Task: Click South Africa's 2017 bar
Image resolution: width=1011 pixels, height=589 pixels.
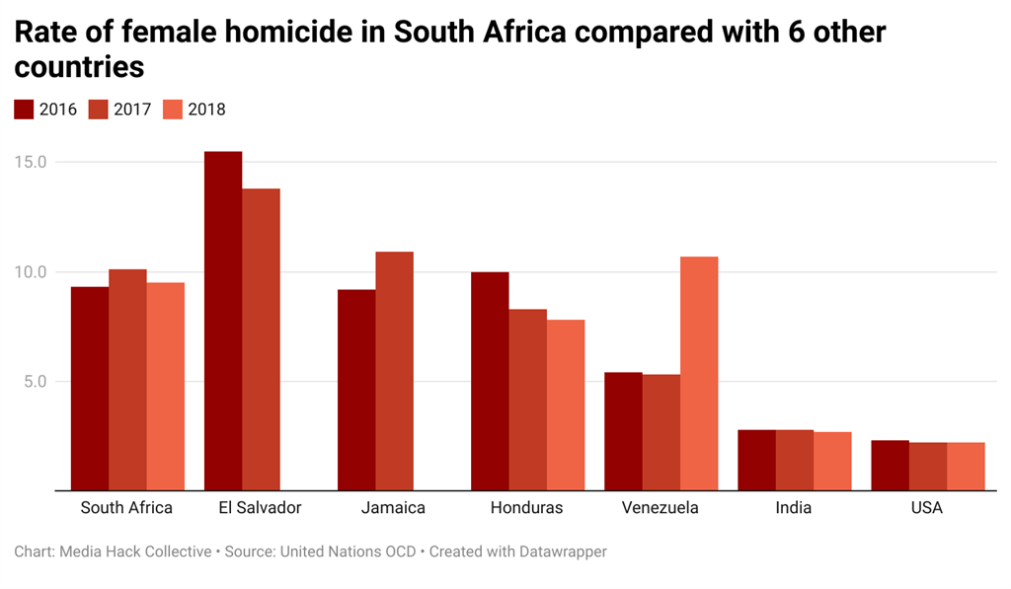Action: pyautogui.click(x=127, y=380)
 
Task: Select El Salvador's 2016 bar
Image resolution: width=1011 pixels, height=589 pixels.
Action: pyautogui.click(x=223, y=321)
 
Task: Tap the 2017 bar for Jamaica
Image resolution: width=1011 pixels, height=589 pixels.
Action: pyautogui.click(x=394, y=371)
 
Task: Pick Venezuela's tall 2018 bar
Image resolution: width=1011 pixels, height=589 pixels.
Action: pyautogui.click(x=699, y=373)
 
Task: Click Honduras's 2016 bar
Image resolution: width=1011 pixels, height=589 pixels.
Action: pyautogui.click(x=490, y=381)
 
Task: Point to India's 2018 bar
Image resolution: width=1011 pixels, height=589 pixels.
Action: pyautogui.click(x=832, y=461)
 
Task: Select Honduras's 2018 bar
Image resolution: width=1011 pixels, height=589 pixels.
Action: pyautogui.click(x=566, y=405)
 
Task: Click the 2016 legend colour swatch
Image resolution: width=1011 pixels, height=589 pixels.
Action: pyautogui.click(x=25, y=110)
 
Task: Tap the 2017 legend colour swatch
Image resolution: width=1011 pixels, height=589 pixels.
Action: pyautogui.click(x=99, y=110)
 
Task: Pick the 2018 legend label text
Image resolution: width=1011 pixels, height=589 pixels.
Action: pyautogui.click(x=206, y=110)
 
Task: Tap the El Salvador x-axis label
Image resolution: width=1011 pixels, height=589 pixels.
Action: pyautogui.click(x=261, y=508)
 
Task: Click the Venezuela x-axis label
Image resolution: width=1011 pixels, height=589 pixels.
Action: pyautogui.click(x=661, y=508)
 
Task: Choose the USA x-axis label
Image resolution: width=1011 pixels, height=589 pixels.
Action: pyautogui.click(x=927, y=508)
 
